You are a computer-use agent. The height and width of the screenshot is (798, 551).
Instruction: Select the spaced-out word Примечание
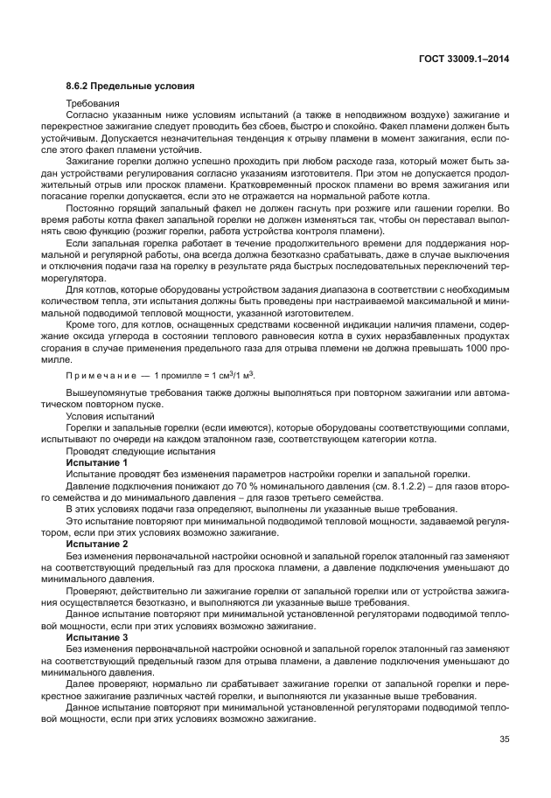tap(103, 376)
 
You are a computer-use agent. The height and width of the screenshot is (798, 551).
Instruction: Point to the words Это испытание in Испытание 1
tap(99, 521)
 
